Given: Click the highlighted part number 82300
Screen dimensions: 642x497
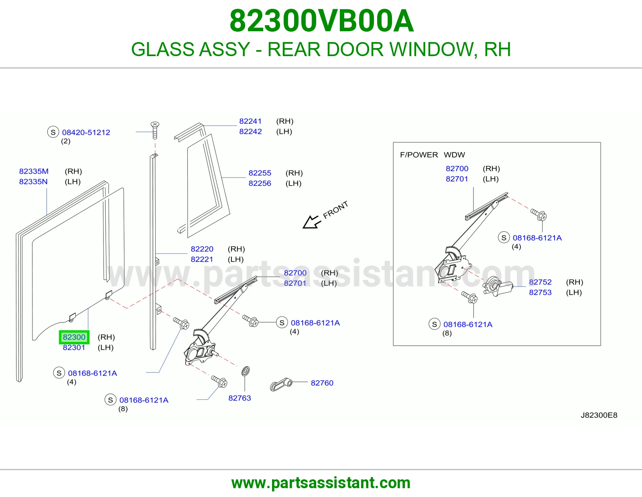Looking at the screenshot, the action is (x=74, y=337).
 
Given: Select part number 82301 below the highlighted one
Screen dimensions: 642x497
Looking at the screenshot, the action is (x=74, y=347).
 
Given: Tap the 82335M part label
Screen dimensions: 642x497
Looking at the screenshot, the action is (x=34, y=171).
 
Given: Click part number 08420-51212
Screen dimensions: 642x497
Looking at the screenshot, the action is (x=86, y=132).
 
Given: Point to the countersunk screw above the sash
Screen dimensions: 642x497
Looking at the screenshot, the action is (x=155, y=130).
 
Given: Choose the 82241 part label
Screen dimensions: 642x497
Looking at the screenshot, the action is (x=250, y=121).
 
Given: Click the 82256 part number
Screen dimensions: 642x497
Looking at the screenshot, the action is (x=260, y=183).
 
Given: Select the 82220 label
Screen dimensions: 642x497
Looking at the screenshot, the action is (x=202, y=249).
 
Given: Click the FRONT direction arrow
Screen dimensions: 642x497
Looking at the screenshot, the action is (x=311, y=222).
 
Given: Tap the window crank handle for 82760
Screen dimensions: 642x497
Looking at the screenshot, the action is (x=281, y=384).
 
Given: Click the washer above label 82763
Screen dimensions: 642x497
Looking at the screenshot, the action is (x=246, y=371).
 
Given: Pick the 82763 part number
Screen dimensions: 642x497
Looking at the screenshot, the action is (x=240, y=398).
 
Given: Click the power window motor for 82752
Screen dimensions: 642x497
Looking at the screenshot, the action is (x=498, y=286).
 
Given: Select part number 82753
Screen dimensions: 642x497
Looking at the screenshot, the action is (x=540, y=292).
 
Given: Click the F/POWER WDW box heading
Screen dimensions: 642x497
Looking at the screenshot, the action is (x=432, y=155).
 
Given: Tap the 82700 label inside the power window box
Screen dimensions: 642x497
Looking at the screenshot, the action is (x=457, y=168).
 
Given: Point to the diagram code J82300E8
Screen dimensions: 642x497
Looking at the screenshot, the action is (x=599, y=415).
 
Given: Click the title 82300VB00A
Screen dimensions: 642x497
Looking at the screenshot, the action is (x=321, y=21).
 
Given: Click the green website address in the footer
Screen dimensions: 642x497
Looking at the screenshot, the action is (x=321, y=483).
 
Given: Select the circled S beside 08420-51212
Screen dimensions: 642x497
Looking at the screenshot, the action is (x=53, y=132).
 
